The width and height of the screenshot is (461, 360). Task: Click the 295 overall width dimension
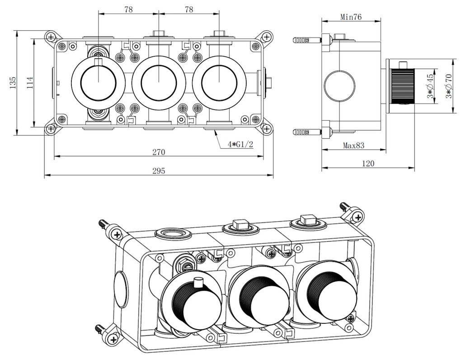pyautogui.click(x=158, y=171)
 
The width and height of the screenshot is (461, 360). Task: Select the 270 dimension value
pyautogui.click(x=158, y=152)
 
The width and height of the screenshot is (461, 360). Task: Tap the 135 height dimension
pyautogui.click(x=13, y=82)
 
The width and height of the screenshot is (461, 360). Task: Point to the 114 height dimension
pyautogui.click(x=29, y=82)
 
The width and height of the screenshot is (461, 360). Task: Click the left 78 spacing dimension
pyautogui.click(x=128, y=9)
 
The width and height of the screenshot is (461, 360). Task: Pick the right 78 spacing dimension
pyautogui.click(x=189, y=9)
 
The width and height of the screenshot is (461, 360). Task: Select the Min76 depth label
pyautogui.click(x=351, y=17)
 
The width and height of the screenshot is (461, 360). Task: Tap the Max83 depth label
pyautogui.click(x=353, y=146)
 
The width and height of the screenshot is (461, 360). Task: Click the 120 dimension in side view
pyautogui.click(x=368, y=164)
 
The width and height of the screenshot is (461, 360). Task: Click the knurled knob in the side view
pyautogui.click(x=402, y=85)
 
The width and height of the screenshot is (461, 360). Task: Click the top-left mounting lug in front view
pyautogui.click(x=51, y=37)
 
